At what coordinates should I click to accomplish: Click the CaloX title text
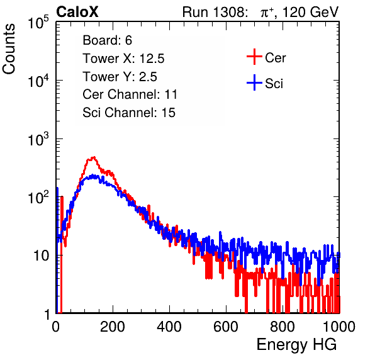(x=77, y=12)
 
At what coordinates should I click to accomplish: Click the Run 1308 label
(x=215, y=12)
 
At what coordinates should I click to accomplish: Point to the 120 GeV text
(x=311, y=12)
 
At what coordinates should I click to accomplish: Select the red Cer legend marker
(x=254, y=57)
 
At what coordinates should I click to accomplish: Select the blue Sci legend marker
(x=254, y=83)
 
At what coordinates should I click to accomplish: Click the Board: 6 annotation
(x=107, y=40)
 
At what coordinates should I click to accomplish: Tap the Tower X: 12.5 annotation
(x=123, y=59)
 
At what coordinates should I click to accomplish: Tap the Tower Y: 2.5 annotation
(x=120, y=77)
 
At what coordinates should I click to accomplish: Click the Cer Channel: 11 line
(x=130, y=94)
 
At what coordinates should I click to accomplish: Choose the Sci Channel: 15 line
(x=129, y=113)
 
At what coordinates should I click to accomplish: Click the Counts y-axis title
(x=9, y=49)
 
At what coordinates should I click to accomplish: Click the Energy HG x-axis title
(x=296, y=344)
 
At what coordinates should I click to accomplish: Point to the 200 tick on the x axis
(x=113, y=327)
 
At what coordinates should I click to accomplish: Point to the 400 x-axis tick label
(x=169, y=327)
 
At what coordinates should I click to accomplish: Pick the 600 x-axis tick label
(x=226, y=327)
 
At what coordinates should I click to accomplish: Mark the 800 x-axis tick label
(x=283, y=327)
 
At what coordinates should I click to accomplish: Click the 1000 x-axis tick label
(x=339, y=327)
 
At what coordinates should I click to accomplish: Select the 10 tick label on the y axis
(x=41, y=256)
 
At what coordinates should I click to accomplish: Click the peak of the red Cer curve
(x=94, y=157)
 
